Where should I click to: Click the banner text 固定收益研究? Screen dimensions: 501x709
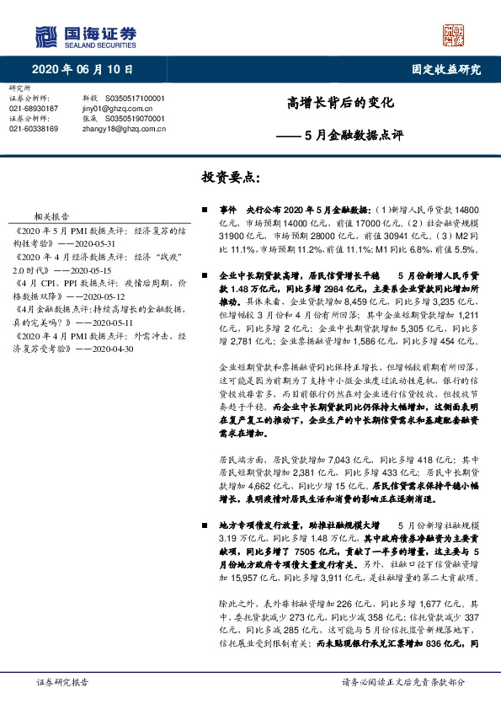(x=440, y=70)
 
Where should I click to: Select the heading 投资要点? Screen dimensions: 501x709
(x=231, y=178)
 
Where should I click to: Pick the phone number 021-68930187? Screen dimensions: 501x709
(x=34, y=109)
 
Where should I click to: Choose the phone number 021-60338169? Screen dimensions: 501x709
(x=34, y=129)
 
